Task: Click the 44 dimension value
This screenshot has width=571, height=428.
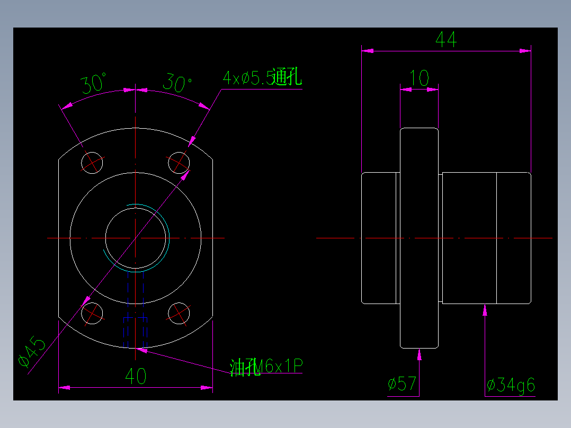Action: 445,40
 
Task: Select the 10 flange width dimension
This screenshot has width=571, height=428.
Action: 419,79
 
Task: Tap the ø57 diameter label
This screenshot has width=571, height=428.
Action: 402,384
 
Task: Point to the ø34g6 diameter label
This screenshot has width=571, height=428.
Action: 511,385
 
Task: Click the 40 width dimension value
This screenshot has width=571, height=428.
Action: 136,377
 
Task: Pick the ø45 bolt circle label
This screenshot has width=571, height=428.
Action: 32,354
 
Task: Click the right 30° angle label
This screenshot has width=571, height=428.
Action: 177,83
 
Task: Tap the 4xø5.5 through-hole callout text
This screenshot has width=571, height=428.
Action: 262,78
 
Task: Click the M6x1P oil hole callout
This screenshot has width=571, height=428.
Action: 267,366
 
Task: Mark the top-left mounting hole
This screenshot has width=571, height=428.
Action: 92,162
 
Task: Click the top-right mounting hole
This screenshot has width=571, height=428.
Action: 179,162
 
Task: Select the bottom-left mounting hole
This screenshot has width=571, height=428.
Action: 92,313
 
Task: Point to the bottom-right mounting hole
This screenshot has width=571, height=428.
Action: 179,313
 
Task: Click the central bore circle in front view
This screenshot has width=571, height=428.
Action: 136,238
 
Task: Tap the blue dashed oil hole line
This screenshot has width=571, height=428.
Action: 144,307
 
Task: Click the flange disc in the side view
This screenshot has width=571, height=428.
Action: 419,238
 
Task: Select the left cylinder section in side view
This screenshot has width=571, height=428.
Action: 379,238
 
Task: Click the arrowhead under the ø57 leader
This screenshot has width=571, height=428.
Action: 420,354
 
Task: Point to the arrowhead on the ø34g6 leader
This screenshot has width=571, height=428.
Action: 485,309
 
